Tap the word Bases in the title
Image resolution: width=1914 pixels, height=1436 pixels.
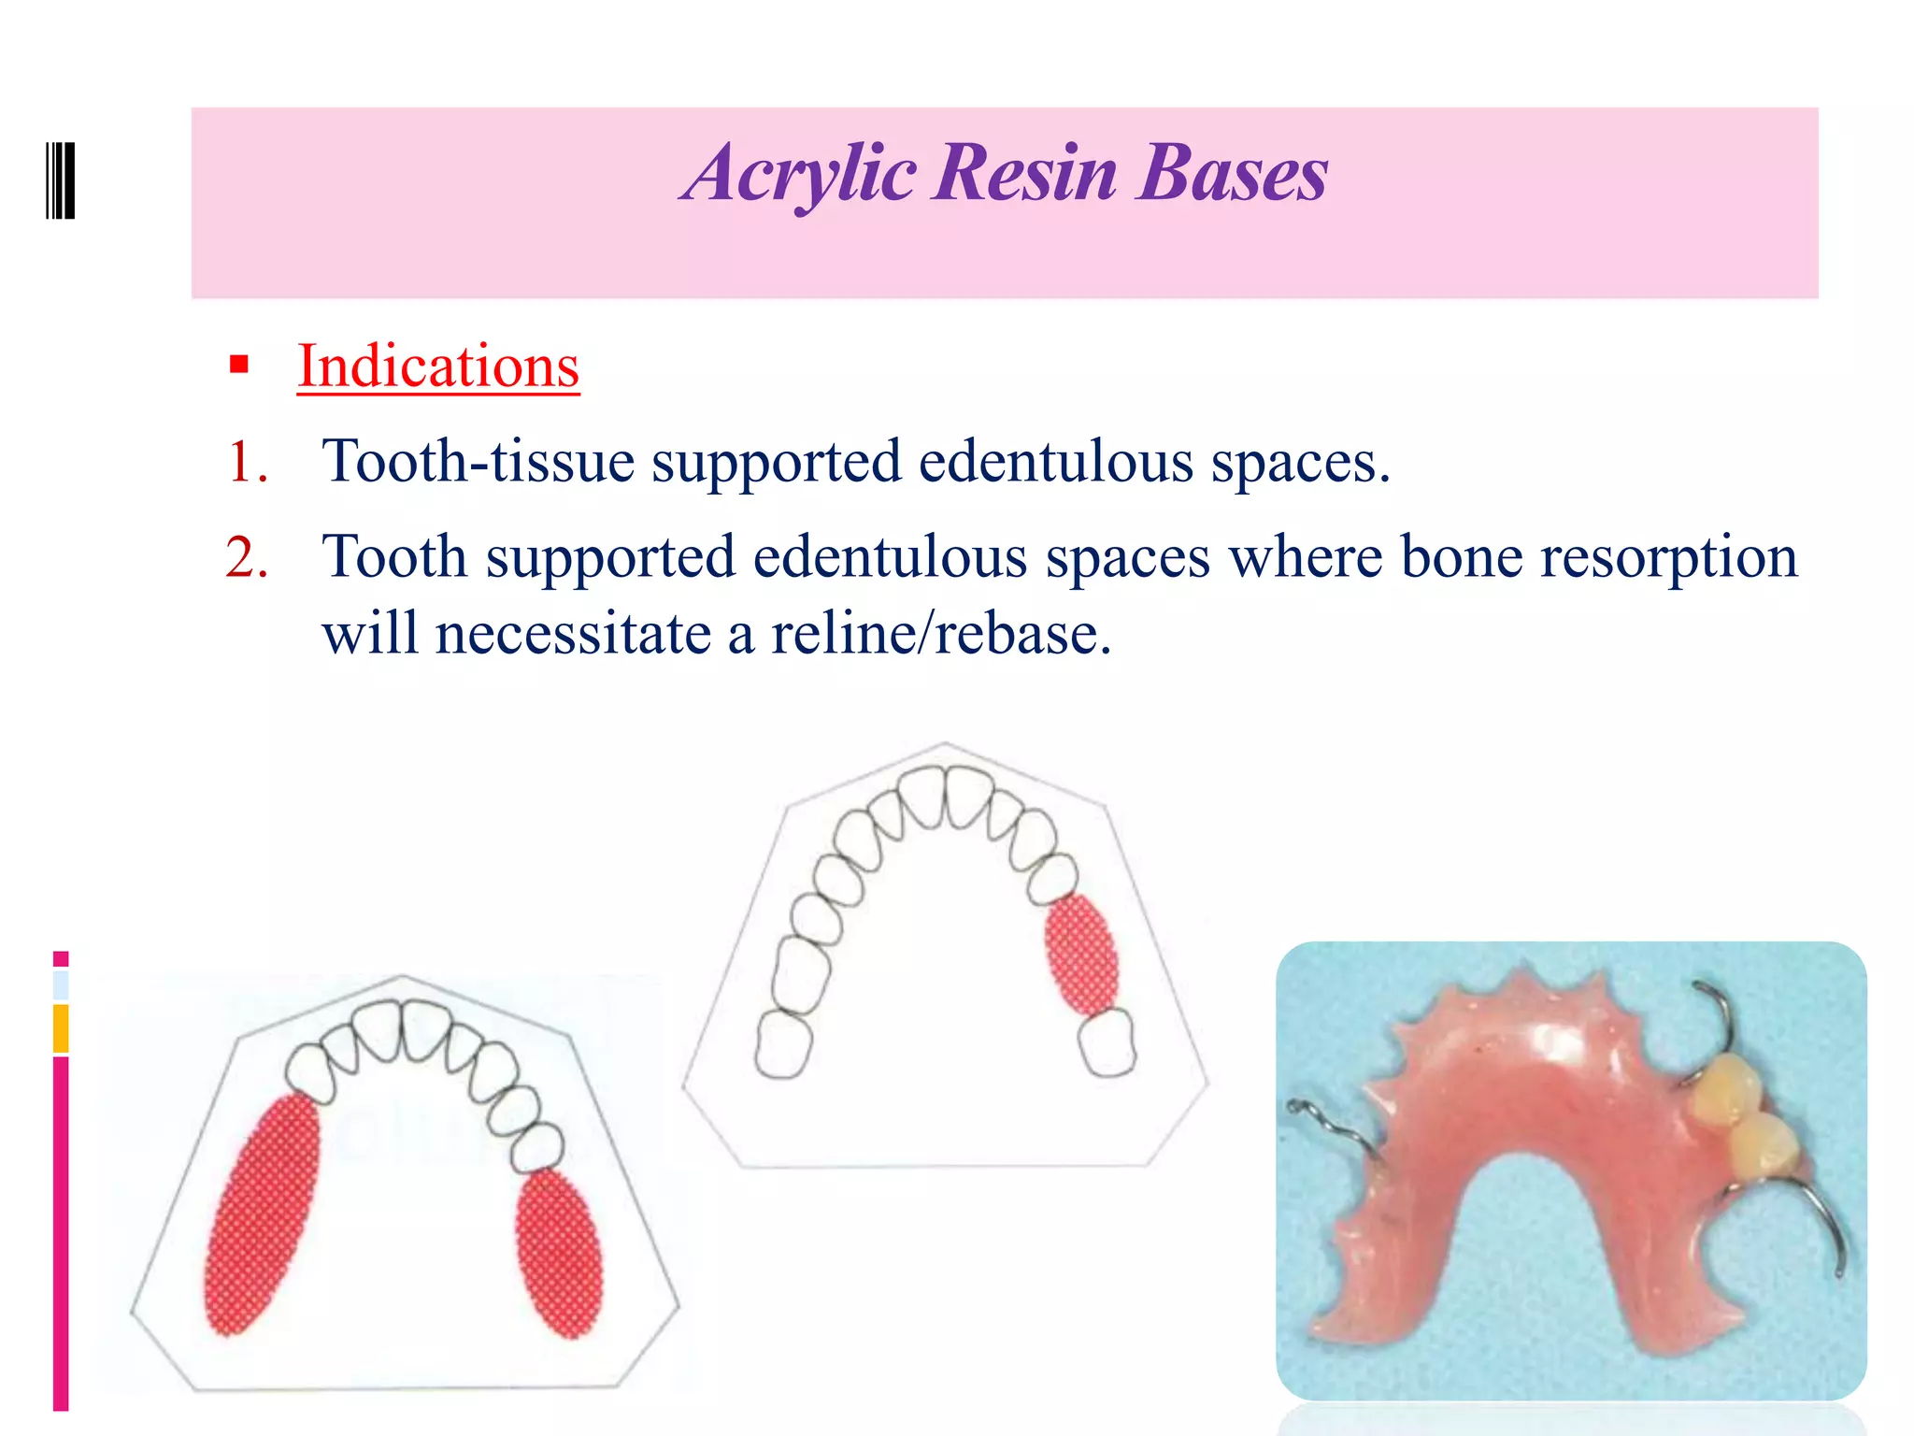pyautogui.click(x=1232, y=174)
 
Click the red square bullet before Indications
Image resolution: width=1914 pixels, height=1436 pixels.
pyautogui.click(x=239, y=365)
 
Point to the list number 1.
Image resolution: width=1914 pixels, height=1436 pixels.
pyautogui.click(x=247, y=462)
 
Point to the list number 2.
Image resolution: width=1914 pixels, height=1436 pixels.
pyautogui.click(x=247, y=557)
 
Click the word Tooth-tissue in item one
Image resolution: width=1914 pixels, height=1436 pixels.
pyautogui.click(x=478, y=462)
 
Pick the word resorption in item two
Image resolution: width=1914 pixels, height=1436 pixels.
pyautogui.click(x=1668, y=557)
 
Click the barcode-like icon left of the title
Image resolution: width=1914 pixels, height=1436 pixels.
pyautogui.click(x=61, y=180)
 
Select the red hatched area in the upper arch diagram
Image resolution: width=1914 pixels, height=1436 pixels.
pyautogui.click(x=1081, y=954)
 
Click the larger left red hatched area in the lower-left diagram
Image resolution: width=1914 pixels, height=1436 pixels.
pyautogui.click(x=263, y=1215)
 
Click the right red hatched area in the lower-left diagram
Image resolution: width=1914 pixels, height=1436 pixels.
pyautogui.click(x=559, y=1253)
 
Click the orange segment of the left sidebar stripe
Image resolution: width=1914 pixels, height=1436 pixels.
pyautogui.click(x=61, y=1028)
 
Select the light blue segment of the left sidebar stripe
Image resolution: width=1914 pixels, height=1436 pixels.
pyautogui.click(x=61, y=984)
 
